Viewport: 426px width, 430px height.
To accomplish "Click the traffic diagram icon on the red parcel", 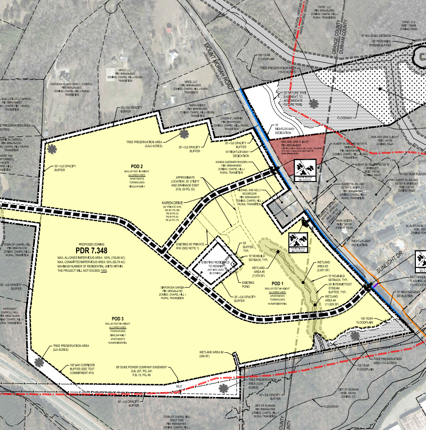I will click(307, 169).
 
